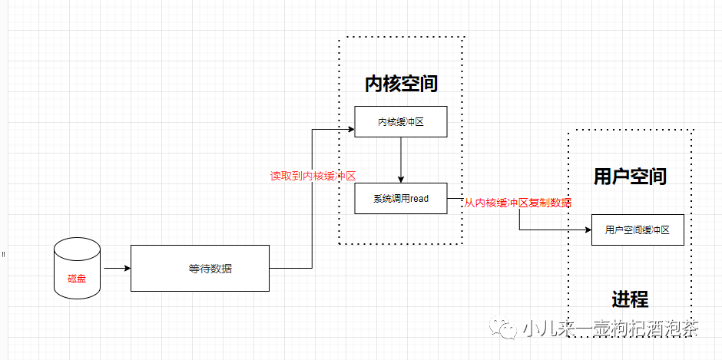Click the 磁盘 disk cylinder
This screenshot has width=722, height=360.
(77, 268)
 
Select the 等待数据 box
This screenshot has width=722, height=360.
(200, 268)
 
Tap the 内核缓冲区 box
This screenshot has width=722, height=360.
(400, 121)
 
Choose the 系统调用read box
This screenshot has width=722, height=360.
(400, 198)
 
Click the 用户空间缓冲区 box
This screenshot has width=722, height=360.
(638, 230)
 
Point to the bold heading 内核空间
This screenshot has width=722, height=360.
(401, 83)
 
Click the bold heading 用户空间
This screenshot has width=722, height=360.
(630, 176)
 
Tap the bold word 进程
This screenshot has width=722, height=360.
(630, 299)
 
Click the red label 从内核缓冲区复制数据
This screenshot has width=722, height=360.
(518, 203)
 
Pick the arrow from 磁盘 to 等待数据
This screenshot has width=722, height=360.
(117, 269)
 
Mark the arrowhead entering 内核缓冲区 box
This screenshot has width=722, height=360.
(350, 129)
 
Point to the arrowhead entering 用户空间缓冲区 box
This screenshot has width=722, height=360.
(588, 230)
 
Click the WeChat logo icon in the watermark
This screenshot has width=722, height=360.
(508, 329)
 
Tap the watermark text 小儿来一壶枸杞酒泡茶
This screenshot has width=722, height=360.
(611, 329)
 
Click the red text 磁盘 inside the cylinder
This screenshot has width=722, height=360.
(77, 277)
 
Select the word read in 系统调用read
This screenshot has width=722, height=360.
(419, 198)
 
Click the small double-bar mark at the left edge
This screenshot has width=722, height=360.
(3, 253)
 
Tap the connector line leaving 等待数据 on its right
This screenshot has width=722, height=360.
(292, 268)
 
